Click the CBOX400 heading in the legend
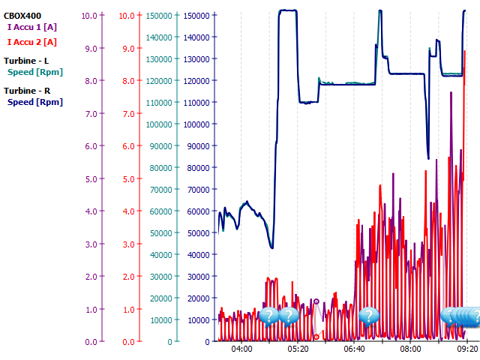click(22, 15)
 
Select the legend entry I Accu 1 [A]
click(32, 27)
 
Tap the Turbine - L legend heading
click(27, 60)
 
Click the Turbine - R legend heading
click(27, 90)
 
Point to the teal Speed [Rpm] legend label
click(34, 72)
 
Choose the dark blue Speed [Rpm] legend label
click(34, 102)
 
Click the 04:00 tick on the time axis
click(241, 349)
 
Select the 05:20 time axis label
click(298, 349)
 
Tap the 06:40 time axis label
click(354, 349)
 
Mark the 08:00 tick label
click(410, 349)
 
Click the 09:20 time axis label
click(466, 349)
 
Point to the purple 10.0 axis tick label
click(90, 15)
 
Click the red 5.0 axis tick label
click(127, 178)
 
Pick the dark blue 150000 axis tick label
click(198, 15)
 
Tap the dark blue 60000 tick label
click(198, 211)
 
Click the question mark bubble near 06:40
click(368, 316)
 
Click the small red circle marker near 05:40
click(316, 337)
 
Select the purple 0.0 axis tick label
click(90, 342)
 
